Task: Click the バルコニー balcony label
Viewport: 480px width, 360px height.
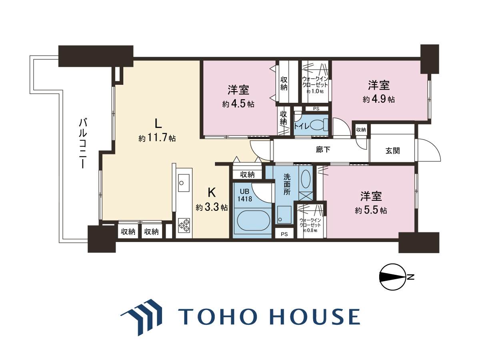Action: (83, 143)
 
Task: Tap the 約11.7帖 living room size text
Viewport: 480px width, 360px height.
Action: (157, 138)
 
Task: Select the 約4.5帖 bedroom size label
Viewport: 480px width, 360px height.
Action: (238, 104)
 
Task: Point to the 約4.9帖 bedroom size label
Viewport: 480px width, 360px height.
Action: (379, 99)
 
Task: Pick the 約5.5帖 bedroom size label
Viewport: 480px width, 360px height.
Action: (371, 210)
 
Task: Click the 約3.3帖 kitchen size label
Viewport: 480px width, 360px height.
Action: (212, 207)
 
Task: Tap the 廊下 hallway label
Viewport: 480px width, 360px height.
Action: (323, 150)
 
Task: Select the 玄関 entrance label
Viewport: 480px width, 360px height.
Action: (393, 151)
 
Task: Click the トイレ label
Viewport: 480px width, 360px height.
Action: (302, 126)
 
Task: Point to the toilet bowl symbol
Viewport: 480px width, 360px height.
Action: (320, 125)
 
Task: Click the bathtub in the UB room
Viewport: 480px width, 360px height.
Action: (254, 220)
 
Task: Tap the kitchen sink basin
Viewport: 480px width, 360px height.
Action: (184, 183)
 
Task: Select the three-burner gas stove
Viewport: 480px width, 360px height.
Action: (184, 225)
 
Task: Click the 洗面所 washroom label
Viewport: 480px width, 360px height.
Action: (287, 184)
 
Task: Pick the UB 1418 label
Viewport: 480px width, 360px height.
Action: (245, 195)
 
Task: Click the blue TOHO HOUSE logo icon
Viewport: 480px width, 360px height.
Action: (142, 317)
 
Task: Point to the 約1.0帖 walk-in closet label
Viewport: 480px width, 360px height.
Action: (315, 91)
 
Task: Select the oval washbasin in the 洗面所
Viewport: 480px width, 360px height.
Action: (305, 179)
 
